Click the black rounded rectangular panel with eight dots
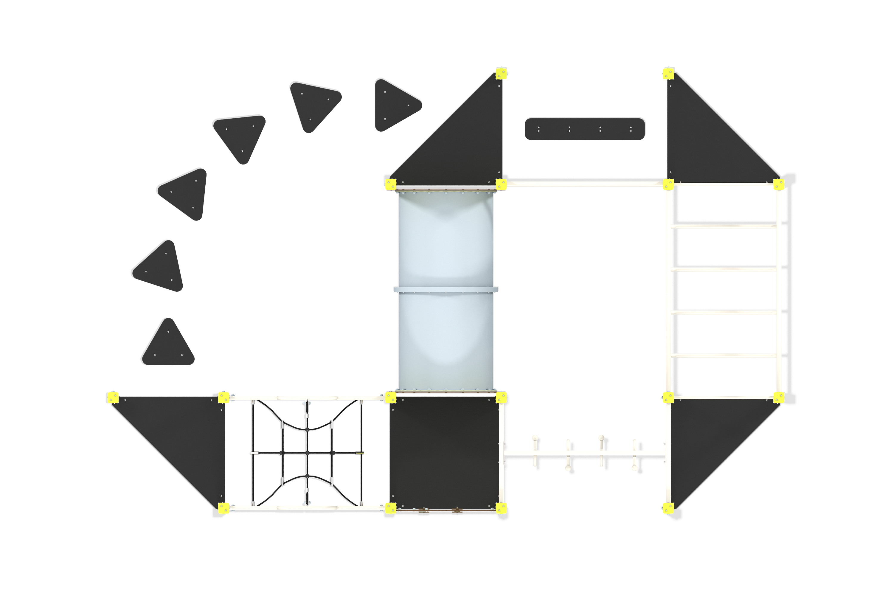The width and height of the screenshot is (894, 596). (x=585, y=128)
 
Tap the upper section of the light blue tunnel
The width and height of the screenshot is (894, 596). (x=446, y=240)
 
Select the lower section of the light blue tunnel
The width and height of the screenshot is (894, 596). (x=446, y=340)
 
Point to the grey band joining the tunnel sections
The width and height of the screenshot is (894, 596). (x=446, y=289)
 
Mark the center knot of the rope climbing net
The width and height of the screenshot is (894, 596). (x=307, y=453)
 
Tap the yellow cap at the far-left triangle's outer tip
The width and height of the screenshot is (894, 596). (x=113, y=398)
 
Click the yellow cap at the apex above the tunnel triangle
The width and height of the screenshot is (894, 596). (x=501, y=73)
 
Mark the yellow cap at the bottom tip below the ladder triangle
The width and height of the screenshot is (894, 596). (x=668, y=508)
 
